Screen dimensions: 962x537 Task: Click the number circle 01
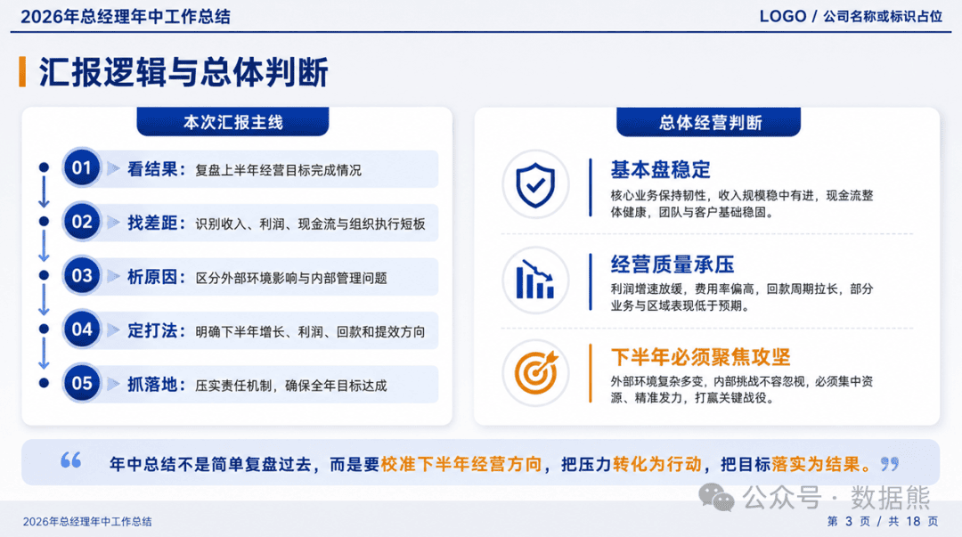pos(82,167)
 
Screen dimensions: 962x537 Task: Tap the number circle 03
pos(82,275)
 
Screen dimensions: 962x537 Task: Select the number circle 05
pos(82,384)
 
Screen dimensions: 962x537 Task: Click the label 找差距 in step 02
pos(152,223)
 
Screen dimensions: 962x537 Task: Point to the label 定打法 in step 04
pos(152,330)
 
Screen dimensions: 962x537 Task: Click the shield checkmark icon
pos(535,184)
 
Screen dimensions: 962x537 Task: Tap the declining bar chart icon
pos(535,280)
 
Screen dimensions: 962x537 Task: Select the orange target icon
pos(535,372)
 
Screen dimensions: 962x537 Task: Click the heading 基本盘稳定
pos(660,169)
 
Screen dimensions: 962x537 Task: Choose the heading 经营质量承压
pos(673,264)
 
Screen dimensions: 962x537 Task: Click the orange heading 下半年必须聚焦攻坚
pos(700,356)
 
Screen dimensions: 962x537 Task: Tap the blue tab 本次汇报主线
pos(232,122)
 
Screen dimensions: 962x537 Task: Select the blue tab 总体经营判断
pos(709,122)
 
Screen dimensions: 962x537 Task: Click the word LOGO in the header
pos(783,17)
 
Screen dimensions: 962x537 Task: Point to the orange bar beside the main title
pos(22,72)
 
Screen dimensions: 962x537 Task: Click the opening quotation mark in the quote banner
pos(71,460)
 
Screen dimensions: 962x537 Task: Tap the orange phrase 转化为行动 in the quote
pos(656,464)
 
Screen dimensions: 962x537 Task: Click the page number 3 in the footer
pos(849,521)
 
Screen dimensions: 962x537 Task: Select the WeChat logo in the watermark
pos(716,497)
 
